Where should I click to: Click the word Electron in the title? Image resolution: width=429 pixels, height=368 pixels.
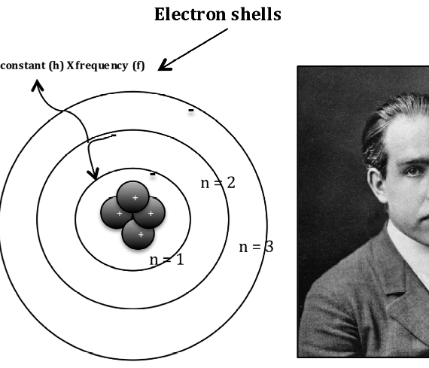pos(190,14)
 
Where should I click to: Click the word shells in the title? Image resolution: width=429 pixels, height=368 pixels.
pos(256,14)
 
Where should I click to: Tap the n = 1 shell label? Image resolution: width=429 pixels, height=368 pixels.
pos(166,260)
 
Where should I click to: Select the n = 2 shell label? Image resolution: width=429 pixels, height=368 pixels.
pos(218,183)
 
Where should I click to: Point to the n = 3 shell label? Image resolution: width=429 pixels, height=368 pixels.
pos(256,247)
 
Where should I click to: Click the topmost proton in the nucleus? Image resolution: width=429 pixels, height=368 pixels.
pos(133,196)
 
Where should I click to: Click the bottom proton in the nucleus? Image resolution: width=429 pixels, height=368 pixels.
pos(138,234)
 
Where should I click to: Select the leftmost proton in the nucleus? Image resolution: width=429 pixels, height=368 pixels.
pos(116,213)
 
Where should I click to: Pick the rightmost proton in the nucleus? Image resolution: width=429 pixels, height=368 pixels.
pos(149,213)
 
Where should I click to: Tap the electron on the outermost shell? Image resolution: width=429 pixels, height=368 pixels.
pos(191,111)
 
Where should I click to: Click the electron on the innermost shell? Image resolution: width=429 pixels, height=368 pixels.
pos(153,174)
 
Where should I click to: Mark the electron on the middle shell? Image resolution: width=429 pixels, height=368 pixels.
pos(114,135)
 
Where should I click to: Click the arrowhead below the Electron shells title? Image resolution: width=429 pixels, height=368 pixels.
pos(164,65)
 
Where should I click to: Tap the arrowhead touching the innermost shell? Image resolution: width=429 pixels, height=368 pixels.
pos(93,174)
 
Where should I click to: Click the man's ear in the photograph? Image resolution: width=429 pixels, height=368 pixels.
pos(377,184)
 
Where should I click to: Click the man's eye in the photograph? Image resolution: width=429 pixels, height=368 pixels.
pos(412,172)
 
